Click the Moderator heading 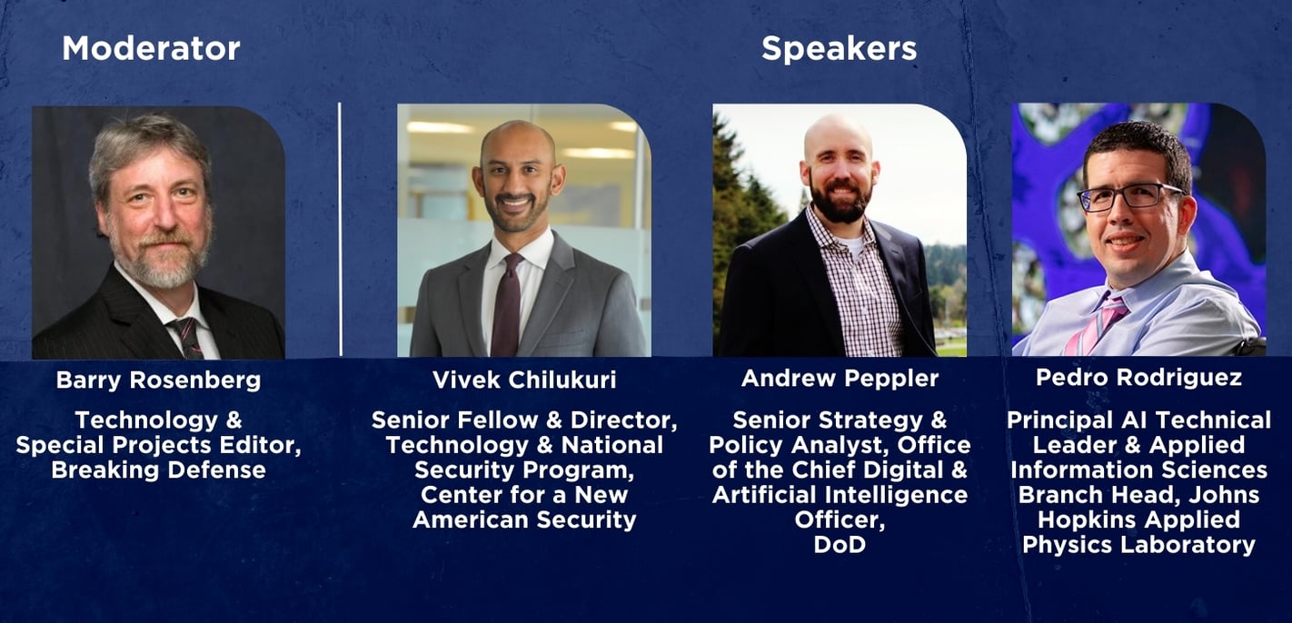click(151, 49)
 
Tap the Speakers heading click(839, 49)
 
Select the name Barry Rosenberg click(158, 380)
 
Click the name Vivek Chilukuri click(524, 380)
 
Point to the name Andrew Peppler click(840, 378)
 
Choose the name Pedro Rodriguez click(1138, 377)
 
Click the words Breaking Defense click(158, 470)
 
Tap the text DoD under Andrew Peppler click(840, 544)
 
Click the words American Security click(524, 519)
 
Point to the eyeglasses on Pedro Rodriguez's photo click(1130, 196)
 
